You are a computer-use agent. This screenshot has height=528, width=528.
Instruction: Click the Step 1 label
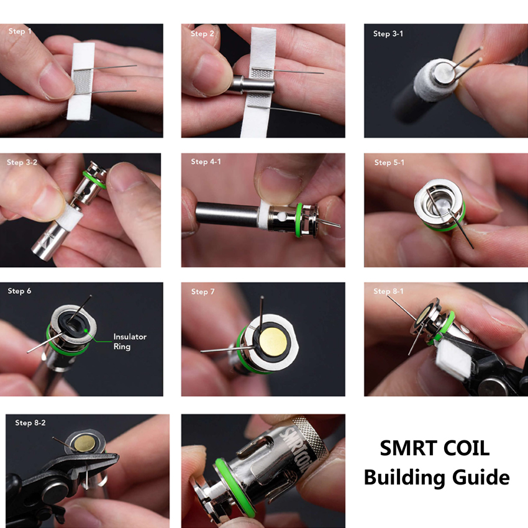20,31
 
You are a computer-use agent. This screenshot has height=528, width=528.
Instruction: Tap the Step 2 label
203,34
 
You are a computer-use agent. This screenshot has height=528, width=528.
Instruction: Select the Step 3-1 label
388,34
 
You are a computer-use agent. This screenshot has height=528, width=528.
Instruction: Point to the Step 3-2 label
22,162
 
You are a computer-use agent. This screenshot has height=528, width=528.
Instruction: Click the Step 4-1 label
206,162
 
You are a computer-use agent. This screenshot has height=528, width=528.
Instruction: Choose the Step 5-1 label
389,163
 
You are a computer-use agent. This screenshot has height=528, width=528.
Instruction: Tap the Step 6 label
19,291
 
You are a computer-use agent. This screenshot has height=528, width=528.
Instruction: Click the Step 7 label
203,291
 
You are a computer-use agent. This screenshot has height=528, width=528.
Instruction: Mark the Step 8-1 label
388,291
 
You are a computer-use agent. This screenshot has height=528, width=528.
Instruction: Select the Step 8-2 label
30,423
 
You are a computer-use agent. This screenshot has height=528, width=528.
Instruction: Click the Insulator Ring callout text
130,342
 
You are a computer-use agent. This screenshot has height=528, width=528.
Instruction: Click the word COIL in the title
466,448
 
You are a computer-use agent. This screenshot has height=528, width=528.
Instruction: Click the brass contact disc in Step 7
273,342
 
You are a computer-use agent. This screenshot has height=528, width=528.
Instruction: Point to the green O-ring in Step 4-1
299,220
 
